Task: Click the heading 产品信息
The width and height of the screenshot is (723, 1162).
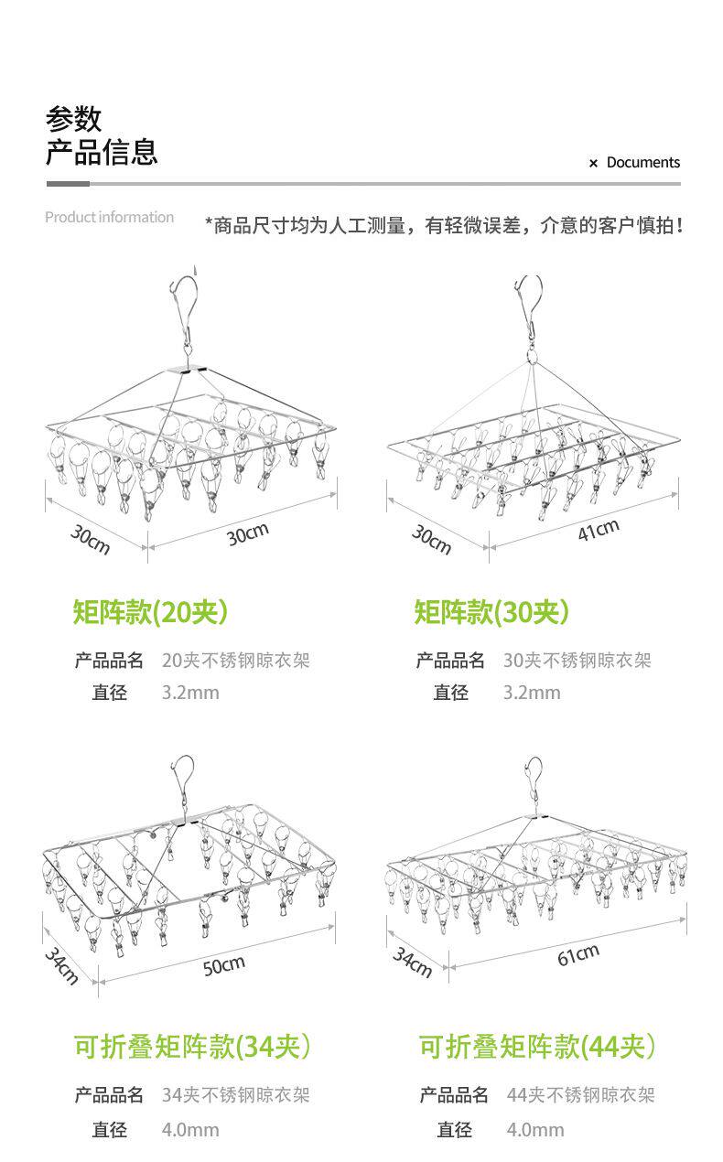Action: point(102,152)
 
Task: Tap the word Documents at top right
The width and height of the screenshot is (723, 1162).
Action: point(642,163)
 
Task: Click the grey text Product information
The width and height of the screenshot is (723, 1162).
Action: point(109,218)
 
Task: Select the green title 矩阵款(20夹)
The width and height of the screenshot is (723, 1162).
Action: point(150,611)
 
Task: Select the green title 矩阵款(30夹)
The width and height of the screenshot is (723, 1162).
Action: point(491,611)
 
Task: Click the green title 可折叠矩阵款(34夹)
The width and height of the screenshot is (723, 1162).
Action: point(191,1046)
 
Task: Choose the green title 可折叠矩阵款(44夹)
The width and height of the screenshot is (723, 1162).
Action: point(537,1046)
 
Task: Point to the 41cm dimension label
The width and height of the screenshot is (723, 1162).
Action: point(598,530)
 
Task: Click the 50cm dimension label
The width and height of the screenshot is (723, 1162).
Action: point(223,964)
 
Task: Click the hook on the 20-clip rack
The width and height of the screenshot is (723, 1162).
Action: point(183,297)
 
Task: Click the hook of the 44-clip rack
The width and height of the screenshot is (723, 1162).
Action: point(534,778)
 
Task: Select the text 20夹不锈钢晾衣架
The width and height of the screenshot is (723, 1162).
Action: point(235,660)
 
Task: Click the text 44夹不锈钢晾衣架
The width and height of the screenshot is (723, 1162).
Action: point(580,1095)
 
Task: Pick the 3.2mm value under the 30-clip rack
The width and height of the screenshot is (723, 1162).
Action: point(532,693)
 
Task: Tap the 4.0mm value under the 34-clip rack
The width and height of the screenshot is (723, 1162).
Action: point(190,1130)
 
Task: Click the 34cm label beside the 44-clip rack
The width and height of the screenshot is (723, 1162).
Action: point(413,963)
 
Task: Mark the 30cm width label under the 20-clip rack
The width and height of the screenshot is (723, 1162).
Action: point(247,534)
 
